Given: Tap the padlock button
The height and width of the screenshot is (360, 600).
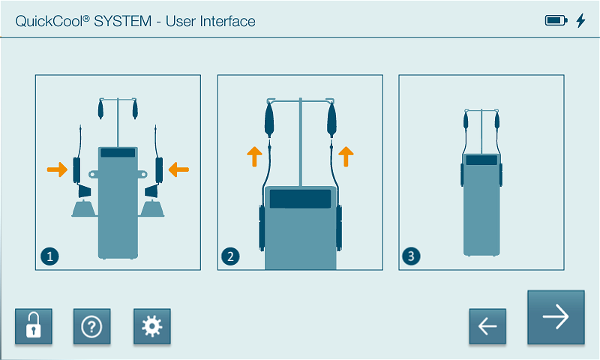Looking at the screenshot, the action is [34, 326].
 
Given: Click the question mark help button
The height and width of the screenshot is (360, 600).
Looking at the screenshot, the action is [91, 326].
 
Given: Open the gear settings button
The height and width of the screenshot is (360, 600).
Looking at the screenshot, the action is [152, 326].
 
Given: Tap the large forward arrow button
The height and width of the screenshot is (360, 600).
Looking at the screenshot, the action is [556, 316].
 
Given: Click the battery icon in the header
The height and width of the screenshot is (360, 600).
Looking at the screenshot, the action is [556, 20].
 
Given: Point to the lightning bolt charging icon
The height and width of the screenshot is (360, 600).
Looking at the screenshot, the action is [580, 21].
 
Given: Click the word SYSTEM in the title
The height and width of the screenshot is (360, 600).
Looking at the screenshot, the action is [123, 22].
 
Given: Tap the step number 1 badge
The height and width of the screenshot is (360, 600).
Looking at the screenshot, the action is [49, 256].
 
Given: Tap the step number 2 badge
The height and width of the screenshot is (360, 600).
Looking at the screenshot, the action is [230, 256].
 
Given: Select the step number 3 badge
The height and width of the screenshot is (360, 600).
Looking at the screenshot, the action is [411, 256].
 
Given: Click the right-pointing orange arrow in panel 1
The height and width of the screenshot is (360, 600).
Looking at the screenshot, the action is [58, 169].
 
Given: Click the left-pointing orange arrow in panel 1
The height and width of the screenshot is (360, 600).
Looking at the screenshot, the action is [178, 169].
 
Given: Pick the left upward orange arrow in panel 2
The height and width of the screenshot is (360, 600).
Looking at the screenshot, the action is [254, 157].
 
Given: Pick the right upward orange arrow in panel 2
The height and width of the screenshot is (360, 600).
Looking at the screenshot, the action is [346, 157].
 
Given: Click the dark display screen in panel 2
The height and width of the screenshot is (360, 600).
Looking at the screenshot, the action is [301, 199].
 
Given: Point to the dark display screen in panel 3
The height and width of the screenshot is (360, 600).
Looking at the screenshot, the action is [481, 160].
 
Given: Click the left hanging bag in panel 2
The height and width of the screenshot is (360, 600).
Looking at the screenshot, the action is [269, 119].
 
